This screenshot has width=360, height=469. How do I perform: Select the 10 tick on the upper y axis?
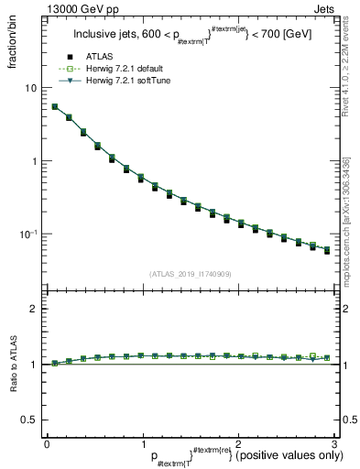pos(29,88)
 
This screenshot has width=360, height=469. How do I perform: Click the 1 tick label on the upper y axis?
pos(32,161)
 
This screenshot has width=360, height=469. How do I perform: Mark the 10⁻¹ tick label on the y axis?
pos(27,234)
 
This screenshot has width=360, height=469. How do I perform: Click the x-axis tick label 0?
pos(47,443)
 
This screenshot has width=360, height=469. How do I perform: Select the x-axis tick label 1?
pos(142,443)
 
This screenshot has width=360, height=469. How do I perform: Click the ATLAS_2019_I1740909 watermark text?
pos(189,274)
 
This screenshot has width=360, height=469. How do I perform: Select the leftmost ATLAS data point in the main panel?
pos(55,107)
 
